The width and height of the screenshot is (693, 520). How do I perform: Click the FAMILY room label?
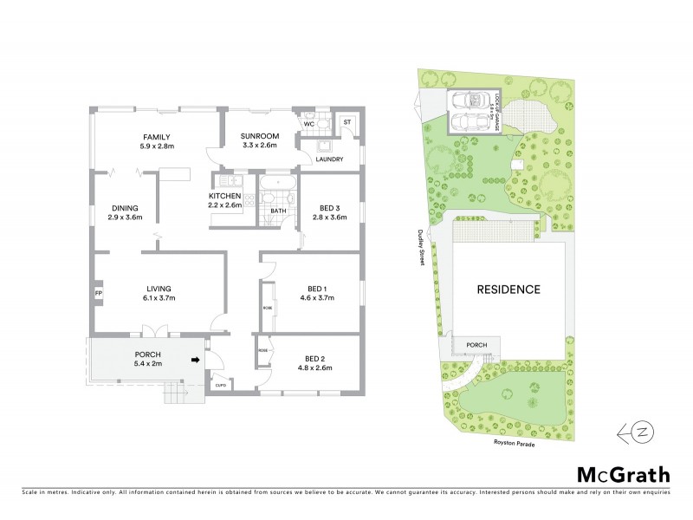click(157, 137)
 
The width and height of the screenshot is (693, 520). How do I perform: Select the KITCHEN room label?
click(224, 196)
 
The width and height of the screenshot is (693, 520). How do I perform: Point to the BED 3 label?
click(329, 209)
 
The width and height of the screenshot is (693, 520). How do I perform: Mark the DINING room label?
click(126, 207)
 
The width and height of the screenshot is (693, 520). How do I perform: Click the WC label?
click(308, 125)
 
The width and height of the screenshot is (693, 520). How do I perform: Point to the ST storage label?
click(346, 123)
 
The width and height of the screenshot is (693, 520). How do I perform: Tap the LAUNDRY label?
click(330, 159)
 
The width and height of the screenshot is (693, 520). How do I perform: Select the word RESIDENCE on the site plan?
click(507, 289)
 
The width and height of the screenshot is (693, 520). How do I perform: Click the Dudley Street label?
click(423, 247)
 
